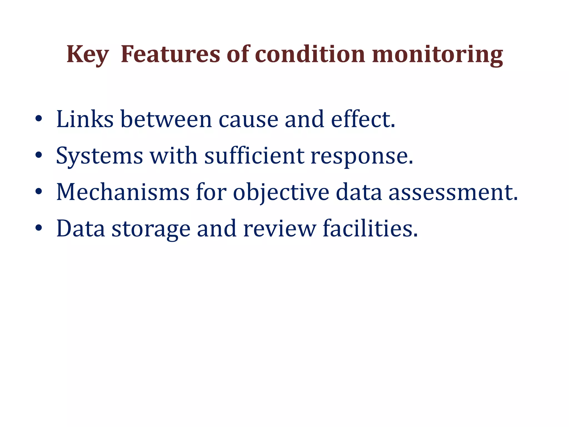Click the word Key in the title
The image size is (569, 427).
pos(87,54)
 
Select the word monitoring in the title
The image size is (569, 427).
pos(437,54)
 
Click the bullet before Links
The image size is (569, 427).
pos(39,119)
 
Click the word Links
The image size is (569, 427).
pos(85,119)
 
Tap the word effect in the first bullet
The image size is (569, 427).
pos(363,119)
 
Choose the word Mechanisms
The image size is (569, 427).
pos(123,192)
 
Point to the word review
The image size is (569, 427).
pos(279,229)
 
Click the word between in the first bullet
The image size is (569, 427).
pos(166,119)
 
